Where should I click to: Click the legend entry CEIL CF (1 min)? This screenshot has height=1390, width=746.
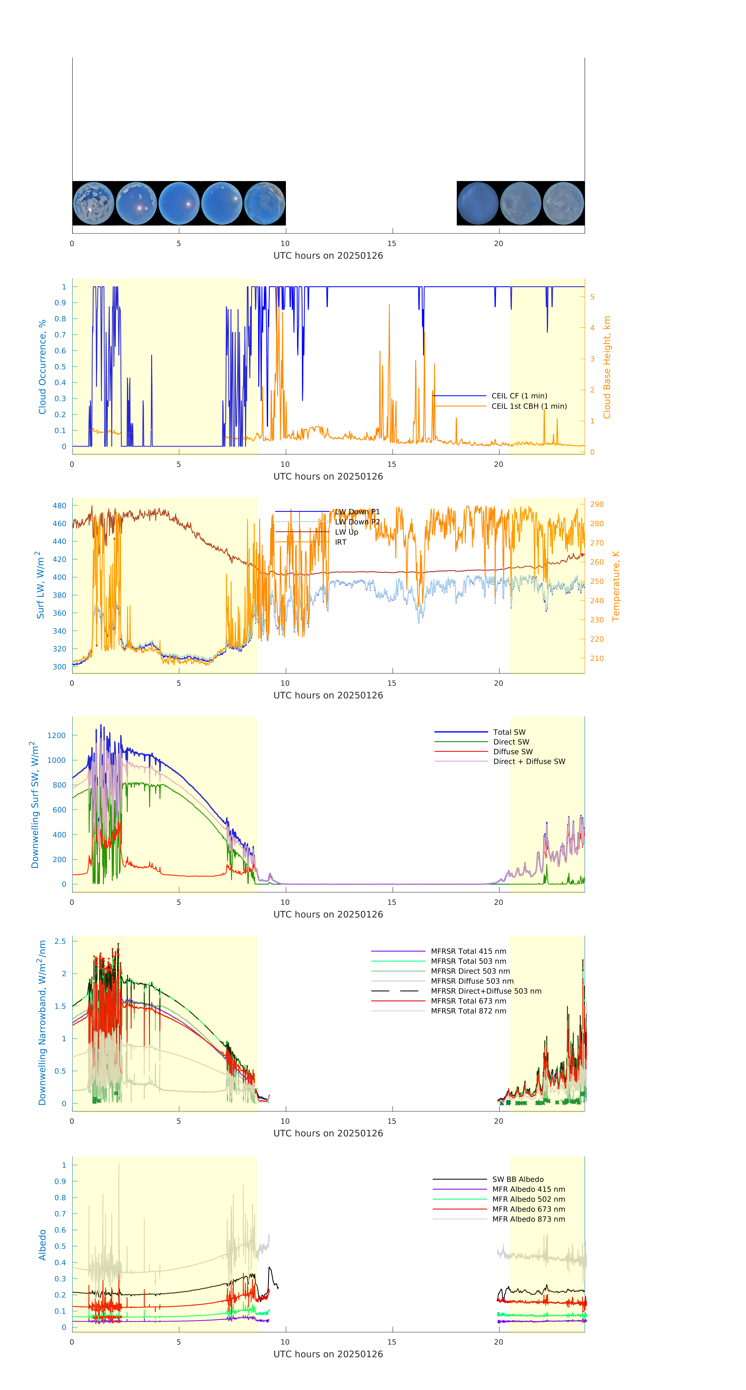(519, 395)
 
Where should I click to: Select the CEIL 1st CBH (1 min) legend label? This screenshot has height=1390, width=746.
(529, 406)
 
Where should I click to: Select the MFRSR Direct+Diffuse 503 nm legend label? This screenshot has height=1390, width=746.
(485, 991)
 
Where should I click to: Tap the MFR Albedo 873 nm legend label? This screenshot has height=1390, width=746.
(528, 1219)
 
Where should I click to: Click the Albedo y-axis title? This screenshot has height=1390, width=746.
(42, 1244)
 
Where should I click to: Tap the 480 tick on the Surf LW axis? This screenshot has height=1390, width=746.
(59, 506)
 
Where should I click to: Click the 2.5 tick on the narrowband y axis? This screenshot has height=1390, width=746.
(60, 941)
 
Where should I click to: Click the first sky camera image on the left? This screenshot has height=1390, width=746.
(93, 203)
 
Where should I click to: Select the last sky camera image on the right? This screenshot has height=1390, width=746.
(563, 203)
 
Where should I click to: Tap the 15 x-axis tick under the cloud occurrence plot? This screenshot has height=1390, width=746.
(392, 464)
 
